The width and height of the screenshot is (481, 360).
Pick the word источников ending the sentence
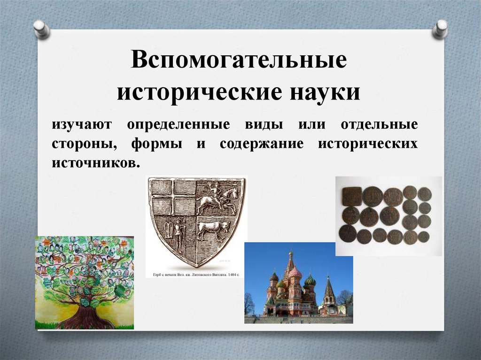tap(96, 163)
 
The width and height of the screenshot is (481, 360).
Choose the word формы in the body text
tap(157, 144)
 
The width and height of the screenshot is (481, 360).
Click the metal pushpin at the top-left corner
tap(41, 29)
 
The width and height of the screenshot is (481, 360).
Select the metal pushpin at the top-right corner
tap(440, 29)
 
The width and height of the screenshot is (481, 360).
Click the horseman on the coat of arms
tap(217, 198)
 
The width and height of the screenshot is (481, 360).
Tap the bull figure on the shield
tap(213, 230)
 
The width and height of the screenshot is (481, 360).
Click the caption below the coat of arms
tap(196, 274)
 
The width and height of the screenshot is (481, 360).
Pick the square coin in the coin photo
tap(351, 196)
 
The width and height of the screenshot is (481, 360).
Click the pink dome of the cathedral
tap(295, 273)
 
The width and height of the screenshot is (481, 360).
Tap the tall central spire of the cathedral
tap(291, 263)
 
